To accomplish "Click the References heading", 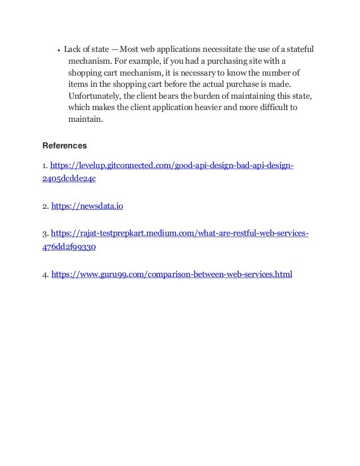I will [64, 146].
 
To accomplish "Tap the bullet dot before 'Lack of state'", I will [59, 49].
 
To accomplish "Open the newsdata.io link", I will [87, 206].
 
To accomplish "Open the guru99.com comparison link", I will [172, 275].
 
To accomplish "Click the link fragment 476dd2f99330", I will [71, 247].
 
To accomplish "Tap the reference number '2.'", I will [46, 206].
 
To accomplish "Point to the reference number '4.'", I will [46, 275].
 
